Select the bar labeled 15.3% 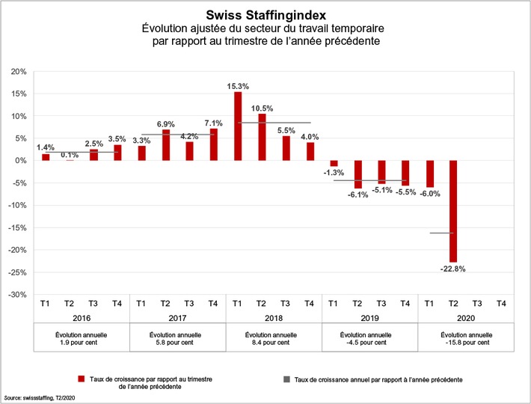(x=238, y=126)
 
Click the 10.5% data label (x=262, y=108)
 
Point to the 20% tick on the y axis (x=18, y=72)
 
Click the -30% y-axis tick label (x=16, y=295)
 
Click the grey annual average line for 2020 (x=441, y=233)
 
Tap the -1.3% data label (x=334, y=173)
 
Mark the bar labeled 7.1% (x=214, y=144)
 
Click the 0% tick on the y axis (x=21, y=161)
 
